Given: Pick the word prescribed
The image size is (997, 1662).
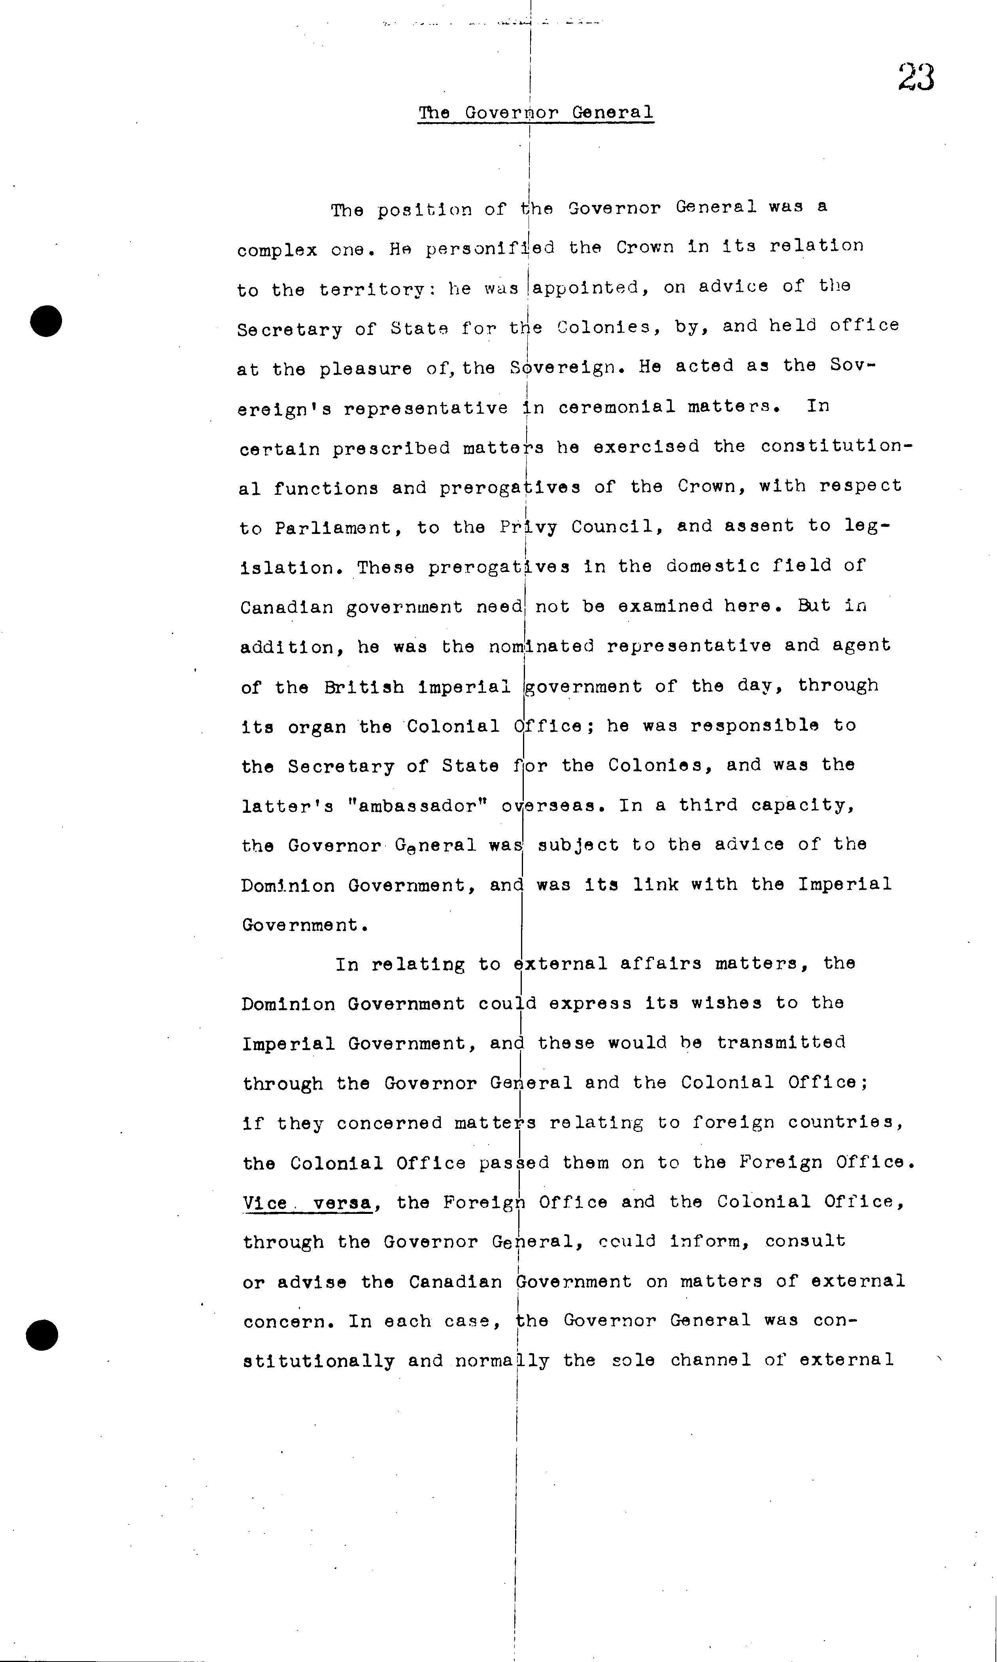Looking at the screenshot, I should coord(391,448).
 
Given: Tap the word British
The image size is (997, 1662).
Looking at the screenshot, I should coord(363,687).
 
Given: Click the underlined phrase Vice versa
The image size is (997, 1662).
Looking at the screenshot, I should coord(308,1202).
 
